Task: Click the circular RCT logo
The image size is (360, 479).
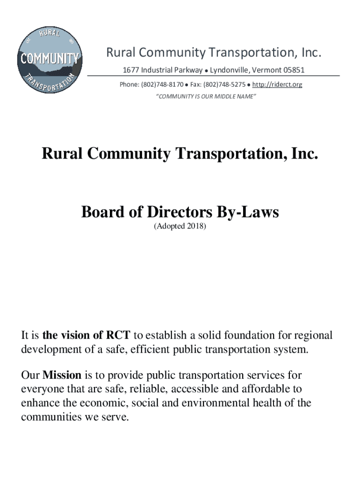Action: click(x=50, y=60)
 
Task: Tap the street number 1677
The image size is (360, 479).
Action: click(x=131, y=70)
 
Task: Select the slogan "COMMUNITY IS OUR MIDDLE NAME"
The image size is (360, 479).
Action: click(x=206, y=96)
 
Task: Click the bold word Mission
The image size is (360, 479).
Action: click(x=62, y=375)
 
